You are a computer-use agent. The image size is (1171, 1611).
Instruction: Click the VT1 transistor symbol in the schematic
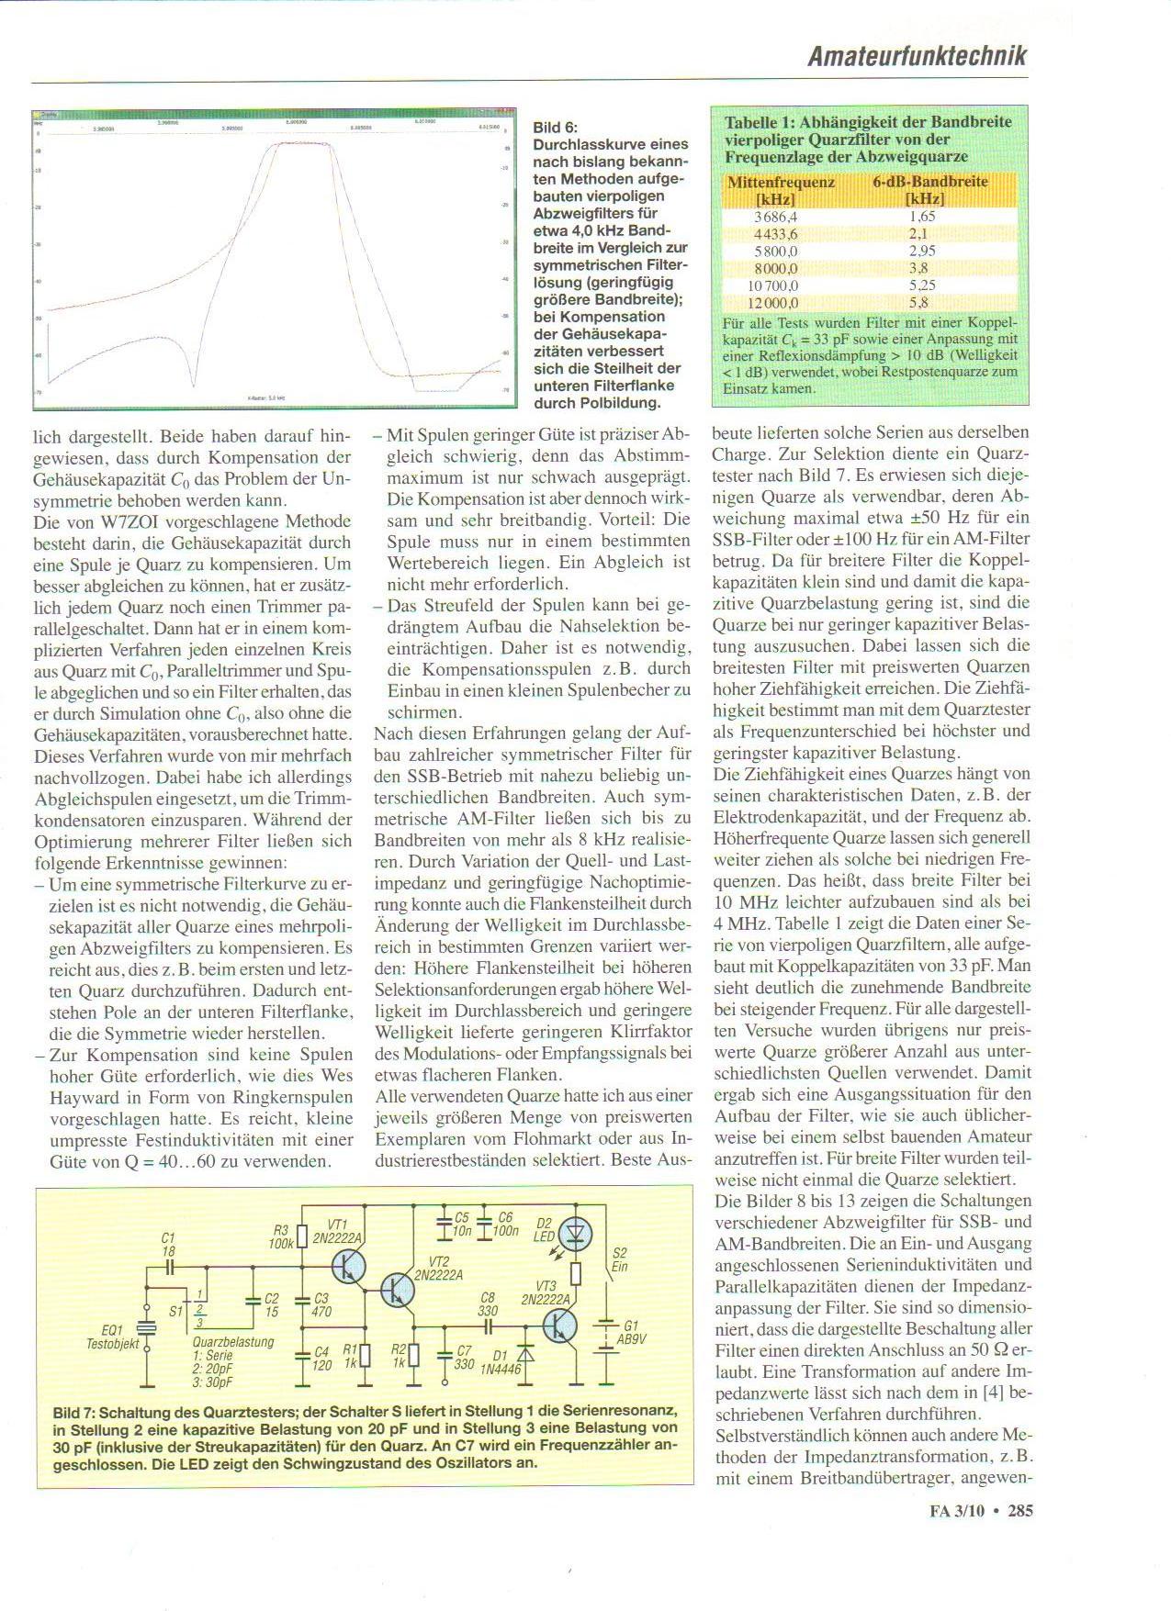[x=348, y=1268]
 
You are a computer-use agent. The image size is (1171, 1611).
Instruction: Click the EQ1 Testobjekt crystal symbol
[x=147, y=1329]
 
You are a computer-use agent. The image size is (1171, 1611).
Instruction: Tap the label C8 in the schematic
[x=488, y=1298]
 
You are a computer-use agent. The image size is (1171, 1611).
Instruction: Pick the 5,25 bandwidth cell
[x=920, y=285]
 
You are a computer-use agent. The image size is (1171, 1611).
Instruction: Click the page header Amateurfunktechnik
[x=917, y=56]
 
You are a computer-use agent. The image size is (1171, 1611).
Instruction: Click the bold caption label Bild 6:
[x=555, y=128]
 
